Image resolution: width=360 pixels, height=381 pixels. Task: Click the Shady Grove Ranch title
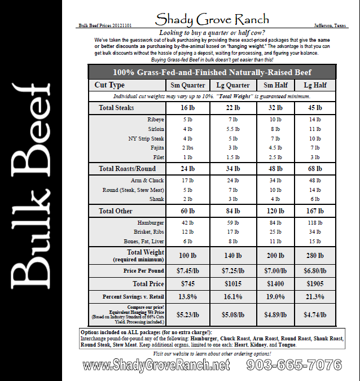212,20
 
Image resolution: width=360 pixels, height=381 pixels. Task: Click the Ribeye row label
155,120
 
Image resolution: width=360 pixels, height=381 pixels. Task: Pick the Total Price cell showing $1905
314,283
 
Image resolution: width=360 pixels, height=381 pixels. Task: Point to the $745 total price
187,283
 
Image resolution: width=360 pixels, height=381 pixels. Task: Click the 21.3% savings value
314,297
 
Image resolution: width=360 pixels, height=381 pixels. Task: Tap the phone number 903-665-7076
293,365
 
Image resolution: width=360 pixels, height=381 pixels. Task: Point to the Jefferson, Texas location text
331,26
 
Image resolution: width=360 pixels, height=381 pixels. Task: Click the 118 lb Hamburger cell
314,222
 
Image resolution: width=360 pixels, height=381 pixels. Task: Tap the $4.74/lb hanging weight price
314,313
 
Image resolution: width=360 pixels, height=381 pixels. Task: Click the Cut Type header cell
109,85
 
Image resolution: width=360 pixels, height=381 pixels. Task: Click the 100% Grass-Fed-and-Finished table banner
212,72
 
